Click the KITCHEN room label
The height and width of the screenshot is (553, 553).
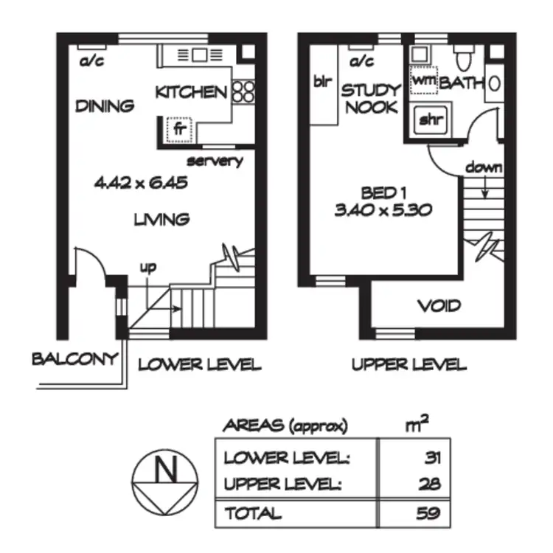click(191, 92)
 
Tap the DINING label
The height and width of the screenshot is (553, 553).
click(105, 106)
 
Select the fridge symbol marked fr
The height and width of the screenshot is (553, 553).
click(178, 129)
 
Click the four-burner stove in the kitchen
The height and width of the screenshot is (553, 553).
click(244, 91)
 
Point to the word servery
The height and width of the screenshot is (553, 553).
click(215, 161)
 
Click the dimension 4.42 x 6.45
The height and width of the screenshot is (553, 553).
click(139, 181)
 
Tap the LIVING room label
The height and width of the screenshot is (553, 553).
click(161, 219)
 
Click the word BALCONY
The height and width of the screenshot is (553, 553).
click(74, 359)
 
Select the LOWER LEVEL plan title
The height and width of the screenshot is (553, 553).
click(200, 364)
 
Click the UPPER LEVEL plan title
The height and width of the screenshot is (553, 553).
click(408, 364)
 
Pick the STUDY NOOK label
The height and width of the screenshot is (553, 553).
click(370, 99)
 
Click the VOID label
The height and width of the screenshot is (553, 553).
click(439, 305)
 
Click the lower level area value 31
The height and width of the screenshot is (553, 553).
click(432, 457)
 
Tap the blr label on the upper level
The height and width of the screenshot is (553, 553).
click(322, 82)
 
